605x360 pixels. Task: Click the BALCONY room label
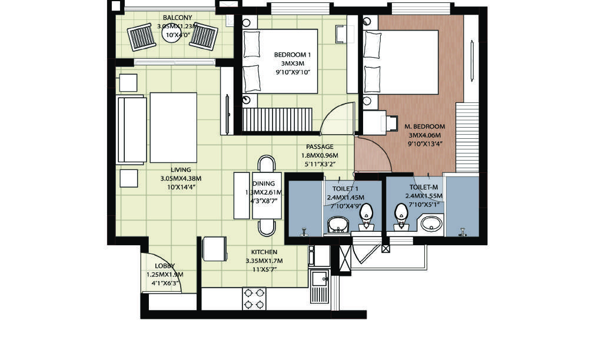177,18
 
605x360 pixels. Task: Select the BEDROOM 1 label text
292,55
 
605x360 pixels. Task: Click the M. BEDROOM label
424,126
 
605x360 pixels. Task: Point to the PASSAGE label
320,146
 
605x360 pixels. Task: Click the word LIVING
181,170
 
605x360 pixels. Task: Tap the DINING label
264,184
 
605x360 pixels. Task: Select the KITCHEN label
264,252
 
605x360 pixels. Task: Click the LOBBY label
165,266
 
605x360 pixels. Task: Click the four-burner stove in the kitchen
254,299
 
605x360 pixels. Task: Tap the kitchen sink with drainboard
319,286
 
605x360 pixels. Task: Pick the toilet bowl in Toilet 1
366,216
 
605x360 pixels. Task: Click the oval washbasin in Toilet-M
431,224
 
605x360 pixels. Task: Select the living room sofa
131,129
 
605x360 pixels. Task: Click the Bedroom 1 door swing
338,118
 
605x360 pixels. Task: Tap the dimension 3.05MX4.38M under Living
181,179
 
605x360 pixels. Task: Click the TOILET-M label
423,188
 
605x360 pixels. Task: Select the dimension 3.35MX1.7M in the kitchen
264,261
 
